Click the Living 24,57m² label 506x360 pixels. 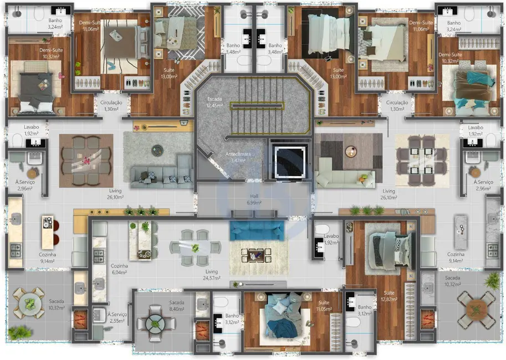[211, 275]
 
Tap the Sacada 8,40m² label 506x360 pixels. [177, 306]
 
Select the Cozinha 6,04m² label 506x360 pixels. [119, 269]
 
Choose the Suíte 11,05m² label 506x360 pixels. [324, 306]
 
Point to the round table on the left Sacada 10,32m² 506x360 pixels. [28, 303]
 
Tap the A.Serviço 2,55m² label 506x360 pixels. [117, 317]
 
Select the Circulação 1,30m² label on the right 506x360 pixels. [397, 106]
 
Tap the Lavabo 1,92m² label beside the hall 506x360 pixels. [331, 239]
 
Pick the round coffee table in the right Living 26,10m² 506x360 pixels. [349, 150]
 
